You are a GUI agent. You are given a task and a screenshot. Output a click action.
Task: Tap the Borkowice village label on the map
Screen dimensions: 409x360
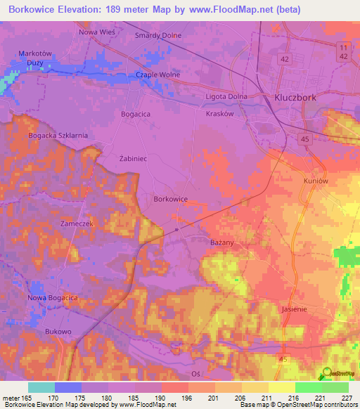[170, 199]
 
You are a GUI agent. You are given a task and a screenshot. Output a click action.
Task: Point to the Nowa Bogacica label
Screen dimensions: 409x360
[52, 298]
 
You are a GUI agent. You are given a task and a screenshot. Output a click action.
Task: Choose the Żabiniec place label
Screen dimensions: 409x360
[132, 160]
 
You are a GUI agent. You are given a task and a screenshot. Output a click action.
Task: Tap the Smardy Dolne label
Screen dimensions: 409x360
[158, 35]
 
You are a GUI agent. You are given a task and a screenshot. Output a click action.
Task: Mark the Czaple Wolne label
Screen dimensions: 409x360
[158, 74]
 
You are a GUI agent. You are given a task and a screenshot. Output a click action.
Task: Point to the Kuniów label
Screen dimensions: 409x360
[317, 181]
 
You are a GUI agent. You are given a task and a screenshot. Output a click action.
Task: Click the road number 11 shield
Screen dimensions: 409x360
[342, 46]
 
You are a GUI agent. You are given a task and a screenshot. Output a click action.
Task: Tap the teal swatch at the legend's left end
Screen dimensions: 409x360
[41, 387]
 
